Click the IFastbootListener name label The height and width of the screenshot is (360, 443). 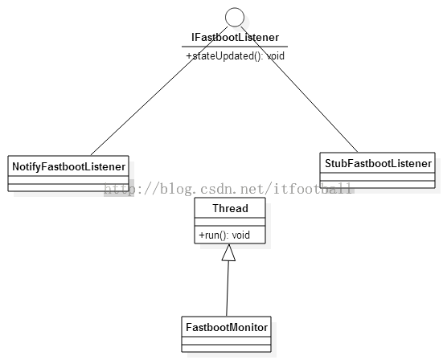[235, 37]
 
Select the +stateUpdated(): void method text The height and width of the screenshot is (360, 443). [235, 56]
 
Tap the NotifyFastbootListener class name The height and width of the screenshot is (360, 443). [68, 166]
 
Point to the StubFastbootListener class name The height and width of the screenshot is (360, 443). [378, 163]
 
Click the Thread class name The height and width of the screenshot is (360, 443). [230, 208]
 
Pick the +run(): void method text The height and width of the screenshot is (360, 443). [224, 235]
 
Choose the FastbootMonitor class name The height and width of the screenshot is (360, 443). [227, 327]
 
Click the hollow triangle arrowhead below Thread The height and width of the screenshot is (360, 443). [228, 252]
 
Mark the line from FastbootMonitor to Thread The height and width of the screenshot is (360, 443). [228, 288]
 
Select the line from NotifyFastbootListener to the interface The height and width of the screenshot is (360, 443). [159, 91]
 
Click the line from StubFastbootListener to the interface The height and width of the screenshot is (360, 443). [299, 89]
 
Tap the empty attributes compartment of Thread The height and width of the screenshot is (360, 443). [230, 222]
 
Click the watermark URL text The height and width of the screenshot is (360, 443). [228, 189]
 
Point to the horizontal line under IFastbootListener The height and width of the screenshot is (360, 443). [235, 47]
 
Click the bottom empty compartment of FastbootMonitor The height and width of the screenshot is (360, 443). [226, 348]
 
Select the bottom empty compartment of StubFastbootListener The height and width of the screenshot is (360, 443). [377, 184]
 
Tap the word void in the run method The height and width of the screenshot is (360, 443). [241, 235]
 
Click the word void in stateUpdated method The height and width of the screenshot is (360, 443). [276, 56]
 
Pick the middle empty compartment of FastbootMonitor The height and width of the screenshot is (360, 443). [226, 341]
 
